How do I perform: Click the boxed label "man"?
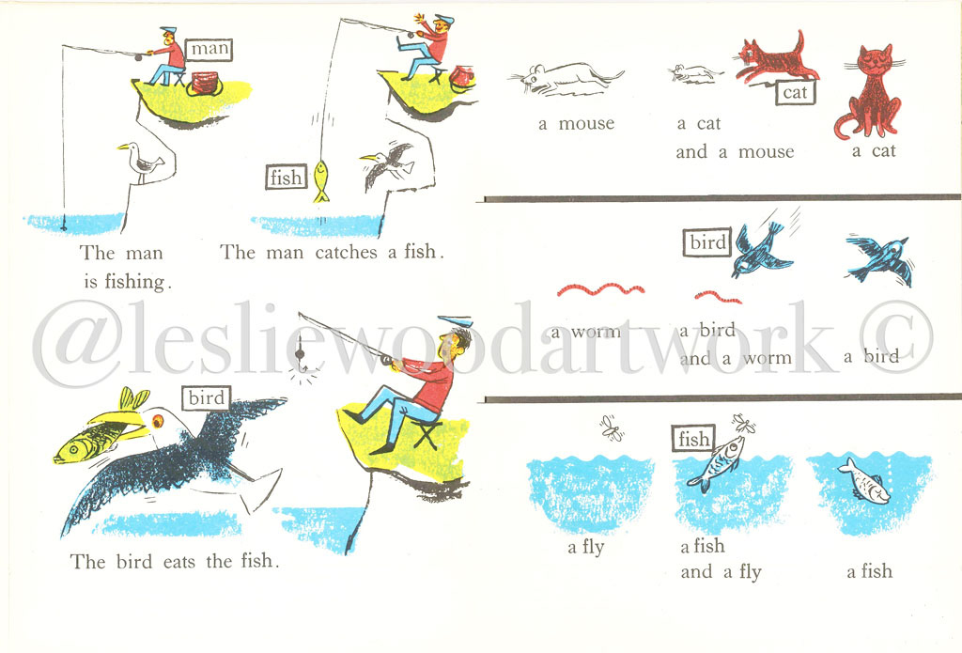[x=209, y=49]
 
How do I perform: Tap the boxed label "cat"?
[x=795, y=93]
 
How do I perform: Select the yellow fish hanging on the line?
[x=321, y=181]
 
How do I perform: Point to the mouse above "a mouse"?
[x=566, y=79]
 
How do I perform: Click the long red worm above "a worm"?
[x=600, y=289]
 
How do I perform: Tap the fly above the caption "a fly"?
[x=612, y=428]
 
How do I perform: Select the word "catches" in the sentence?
[x=346, y=252]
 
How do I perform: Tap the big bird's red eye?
[x=158, y=421]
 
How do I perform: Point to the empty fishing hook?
[x=302, y=364]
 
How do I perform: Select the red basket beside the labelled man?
[x=204, y=84]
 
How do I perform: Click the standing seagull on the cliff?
[x=143, y=163]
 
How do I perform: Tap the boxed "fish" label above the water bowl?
[x=693, y=439]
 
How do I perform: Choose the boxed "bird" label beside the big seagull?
[x=206, y=398]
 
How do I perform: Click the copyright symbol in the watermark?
[x=896, y=337]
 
